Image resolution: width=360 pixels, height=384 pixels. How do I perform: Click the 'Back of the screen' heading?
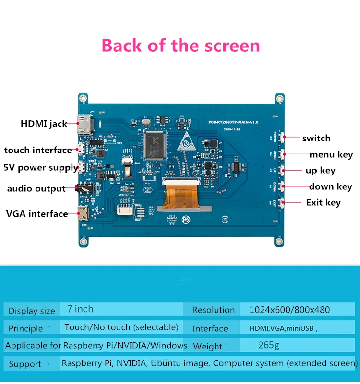tap(180, 46)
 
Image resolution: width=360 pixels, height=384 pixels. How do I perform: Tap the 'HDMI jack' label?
tap(44, 124)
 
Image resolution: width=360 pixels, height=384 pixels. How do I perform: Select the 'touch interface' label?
tap(38, 150)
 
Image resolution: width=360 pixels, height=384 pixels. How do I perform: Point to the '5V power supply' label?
tap(41, 168)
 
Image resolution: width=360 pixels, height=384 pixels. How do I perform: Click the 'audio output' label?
tap(36, 188)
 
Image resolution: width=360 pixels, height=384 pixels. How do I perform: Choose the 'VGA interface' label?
tap(37, 214)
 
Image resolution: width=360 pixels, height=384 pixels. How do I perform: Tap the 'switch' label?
tap(316, 138)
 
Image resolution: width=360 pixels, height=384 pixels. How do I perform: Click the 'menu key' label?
tap(331, 154)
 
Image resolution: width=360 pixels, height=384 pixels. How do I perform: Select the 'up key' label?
tap(320, 170)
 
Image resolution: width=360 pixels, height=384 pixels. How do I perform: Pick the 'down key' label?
tap(330, 186)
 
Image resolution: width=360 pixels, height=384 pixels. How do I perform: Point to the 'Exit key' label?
tap(323, 202)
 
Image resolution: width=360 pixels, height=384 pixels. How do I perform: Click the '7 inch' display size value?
tap(81, 309)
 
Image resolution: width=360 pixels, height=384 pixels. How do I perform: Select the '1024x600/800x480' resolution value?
tap(289, 310)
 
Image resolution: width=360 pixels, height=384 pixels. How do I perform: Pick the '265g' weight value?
tap(268, 345)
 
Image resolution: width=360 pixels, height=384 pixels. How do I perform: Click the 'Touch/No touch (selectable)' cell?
tap(121, 327)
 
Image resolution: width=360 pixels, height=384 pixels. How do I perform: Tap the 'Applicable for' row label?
tap(33, 346)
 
